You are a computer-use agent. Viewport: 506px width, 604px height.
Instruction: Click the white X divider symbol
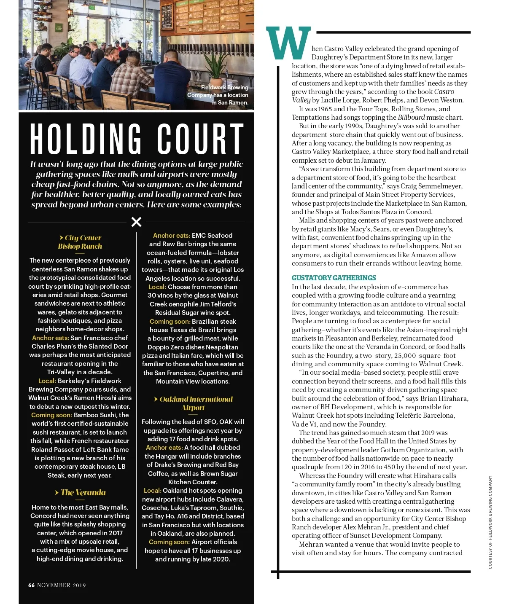click(136, 222)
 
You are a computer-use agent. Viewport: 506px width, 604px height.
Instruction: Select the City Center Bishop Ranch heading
click(80, 242)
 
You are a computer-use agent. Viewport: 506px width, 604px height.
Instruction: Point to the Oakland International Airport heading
click(193, 403)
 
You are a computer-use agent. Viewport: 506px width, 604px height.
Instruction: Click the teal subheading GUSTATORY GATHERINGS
click(334, 278)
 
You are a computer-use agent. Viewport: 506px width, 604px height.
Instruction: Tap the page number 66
click(31, 585)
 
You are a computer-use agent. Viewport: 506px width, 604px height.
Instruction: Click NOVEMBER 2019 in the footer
click(62, 585)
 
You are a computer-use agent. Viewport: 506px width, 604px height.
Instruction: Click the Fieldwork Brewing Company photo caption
click(219, 95)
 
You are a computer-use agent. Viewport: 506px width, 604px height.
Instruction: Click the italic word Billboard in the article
click(411, 117)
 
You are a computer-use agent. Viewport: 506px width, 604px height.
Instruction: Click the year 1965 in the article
click(325, 109)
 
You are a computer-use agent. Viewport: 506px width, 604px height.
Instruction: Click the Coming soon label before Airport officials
click(169, 542)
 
